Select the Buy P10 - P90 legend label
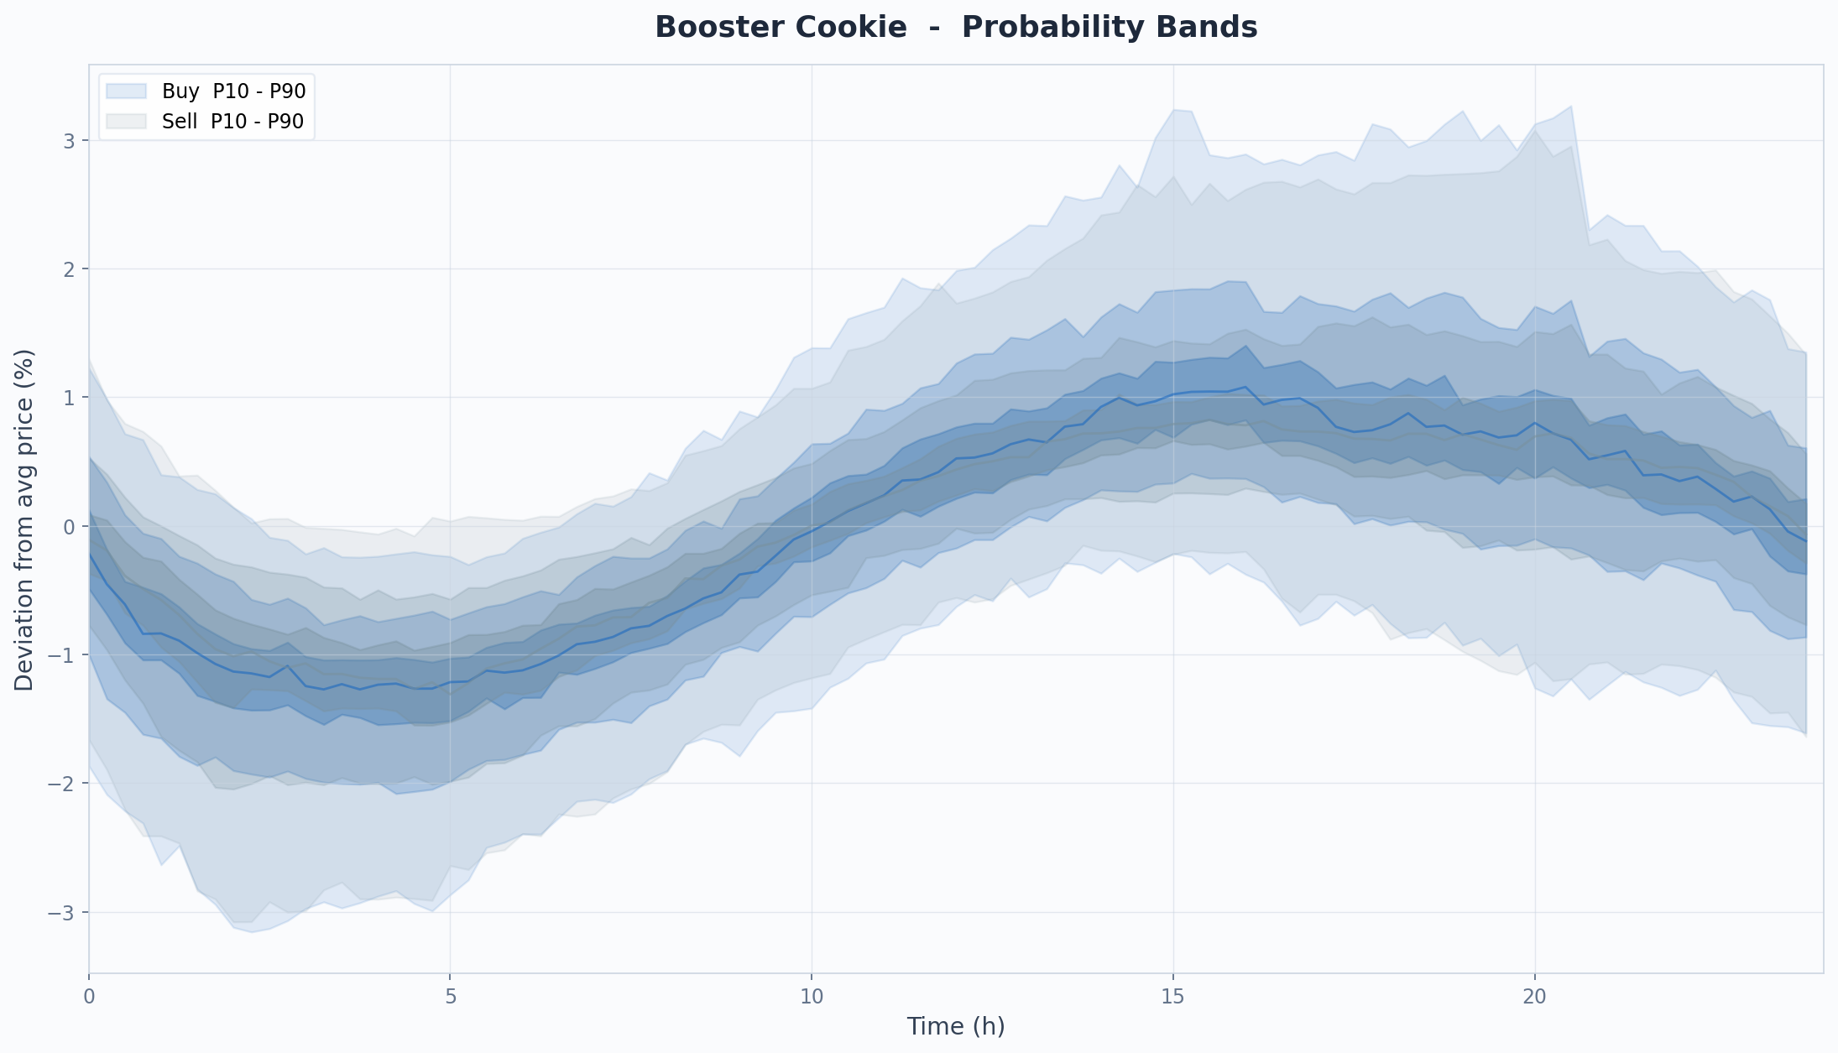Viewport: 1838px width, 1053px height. tap(234, 91)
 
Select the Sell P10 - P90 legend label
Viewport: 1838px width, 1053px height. tap(232, 122)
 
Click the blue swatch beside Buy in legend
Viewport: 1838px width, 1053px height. tap(127, 91)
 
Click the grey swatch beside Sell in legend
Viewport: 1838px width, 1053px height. tap(127, 122)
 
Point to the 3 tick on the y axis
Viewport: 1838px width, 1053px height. tap(69, 141)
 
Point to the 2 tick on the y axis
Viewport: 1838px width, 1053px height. tap(69, 269)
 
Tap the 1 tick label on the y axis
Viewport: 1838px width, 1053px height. tap(69, 398)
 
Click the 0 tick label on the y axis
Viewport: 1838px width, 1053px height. tap(69, 527)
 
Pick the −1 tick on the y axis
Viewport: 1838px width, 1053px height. tap(62, 655)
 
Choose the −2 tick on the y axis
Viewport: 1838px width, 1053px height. tap(62, 784)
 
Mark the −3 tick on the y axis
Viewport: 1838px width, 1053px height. tap(62, 913)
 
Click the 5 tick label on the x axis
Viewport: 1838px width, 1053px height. tap(451, 997)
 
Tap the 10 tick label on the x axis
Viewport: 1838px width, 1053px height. tap(812, 997)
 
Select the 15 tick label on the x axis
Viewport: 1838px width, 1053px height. tap(1173, 997)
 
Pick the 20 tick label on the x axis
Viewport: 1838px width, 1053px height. tap(1535, 997)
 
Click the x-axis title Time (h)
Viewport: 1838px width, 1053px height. tap(956, 1026)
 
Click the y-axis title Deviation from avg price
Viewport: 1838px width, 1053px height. tap(24, 520)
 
